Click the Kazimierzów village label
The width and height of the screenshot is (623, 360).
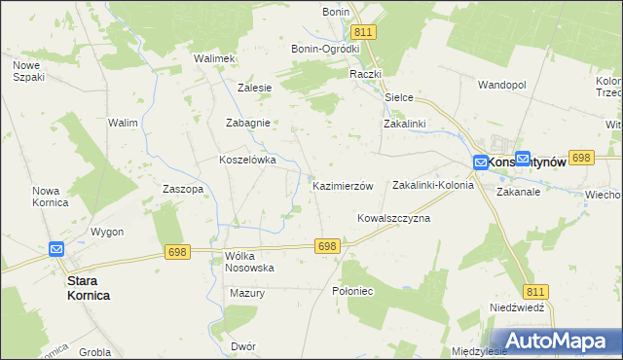tap(343, 185)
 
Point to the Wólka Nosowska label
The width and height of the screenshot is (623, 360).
tap(249, 261)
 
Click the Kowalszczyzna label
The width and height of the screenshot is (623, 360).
tap(393, 219)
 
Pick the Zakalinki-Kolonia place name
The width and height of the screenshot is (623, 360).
tap(432, 185)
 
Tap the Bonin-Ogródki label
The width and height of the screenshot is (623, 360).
tap(325, 49)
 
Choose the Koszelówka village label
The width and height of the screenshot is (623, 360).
tap(248, 160)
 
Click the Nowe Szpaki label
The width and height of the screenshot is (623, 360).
tap(26, 71)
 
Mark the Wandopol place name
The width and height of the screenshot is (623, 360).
tap(501, 85)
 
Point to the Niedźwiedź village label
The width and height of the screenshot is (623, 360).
tap(516, 306)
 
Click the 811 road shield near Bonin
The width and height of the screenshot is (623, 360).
tap(364, 32)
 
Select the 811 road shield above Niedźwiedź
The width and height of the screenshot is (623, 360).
tap(535, 291)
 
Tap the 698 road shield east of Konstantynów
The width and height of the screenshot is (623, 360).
tap(582, 157)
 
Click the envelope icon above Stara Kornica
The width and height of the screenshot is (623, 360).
tap(55, 249)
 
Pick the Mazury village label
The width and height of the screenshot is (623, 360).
tap(247, 292)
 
